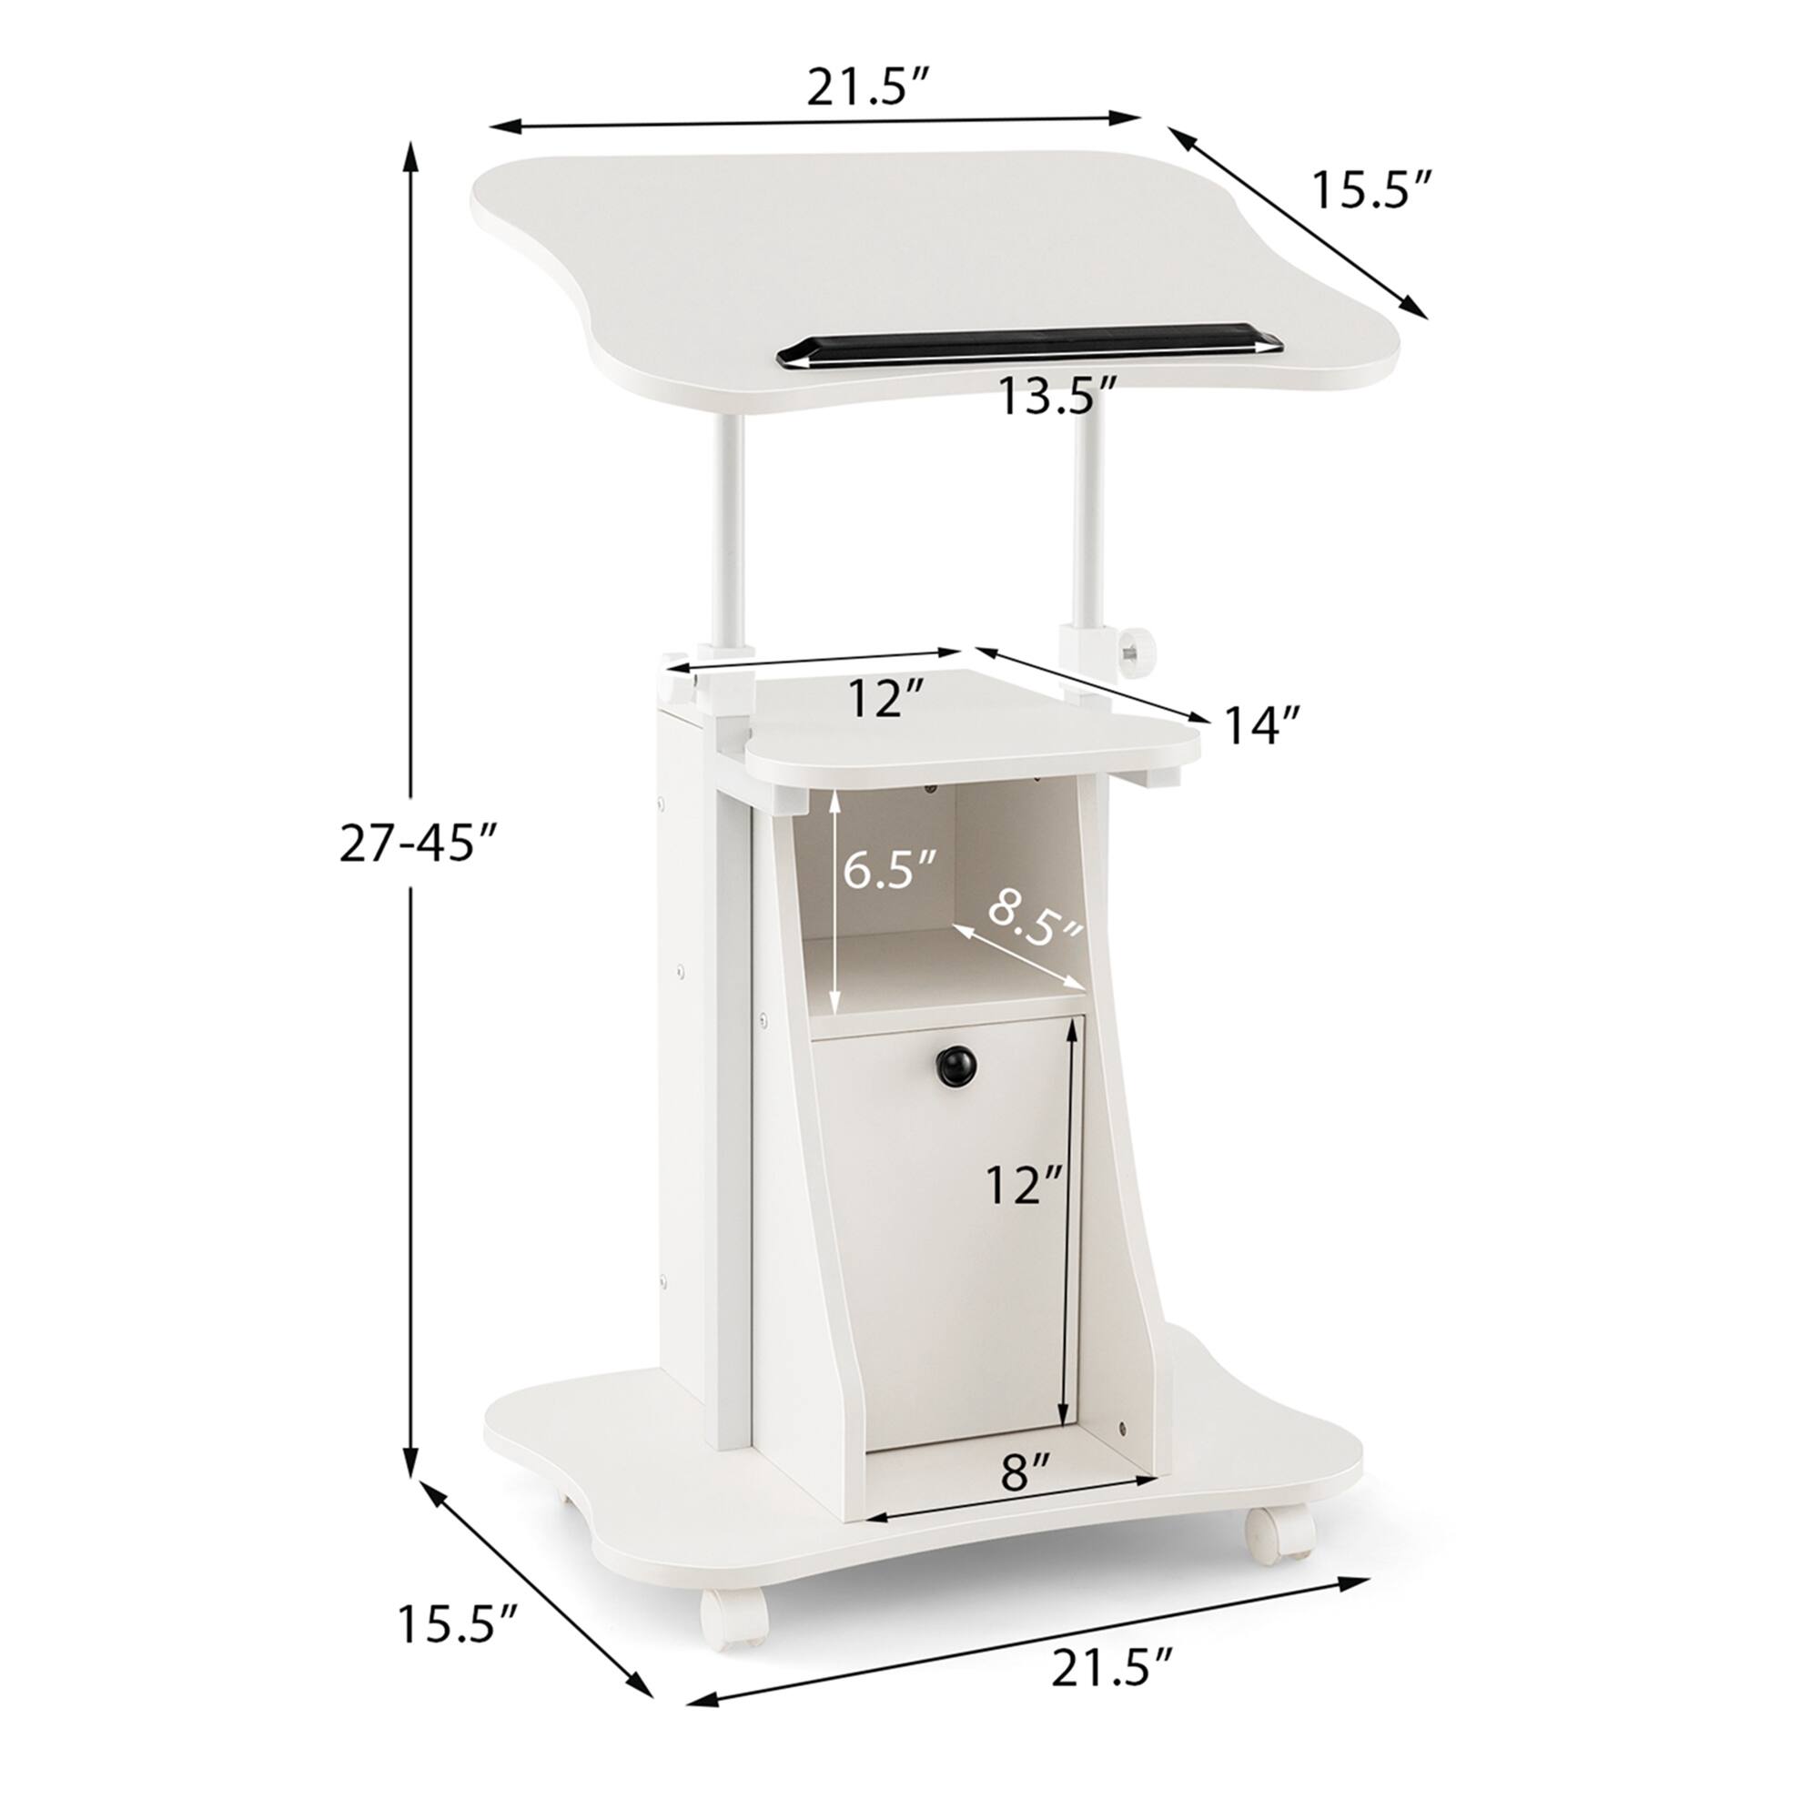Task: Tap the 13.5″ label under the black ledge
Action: point(1057,396)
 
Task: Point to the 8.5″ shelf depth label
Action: point(1035,919)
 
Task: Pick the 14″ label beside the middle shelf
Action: point(1262,725)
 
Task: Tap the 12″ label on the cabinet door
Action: point(1024,1184)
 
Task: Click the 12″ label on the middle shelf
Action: point(885,699)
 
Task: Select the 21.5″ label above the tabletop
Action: point(868,89)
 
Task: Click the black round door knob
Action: point(955,1067)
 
